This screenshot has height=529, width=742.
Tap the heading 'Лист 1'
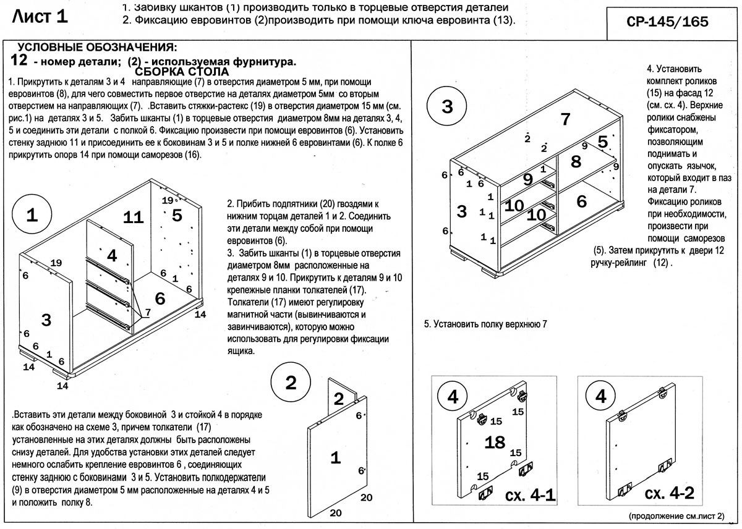(x=41, y=17)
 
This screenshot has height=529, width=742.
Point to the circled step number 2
(x=291, y=383)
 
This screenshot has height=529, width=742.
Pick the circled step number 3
(x=447, y=106)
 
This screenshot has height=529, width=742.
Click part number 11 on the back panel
(x=133, y=217)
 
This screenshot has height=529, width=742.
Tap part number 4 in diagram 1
(x=111, y=255)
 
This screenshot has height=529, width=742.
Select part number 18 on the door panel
(x=495, y=442)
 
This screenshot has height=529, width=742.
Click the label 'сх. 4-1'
(x=531, y=494)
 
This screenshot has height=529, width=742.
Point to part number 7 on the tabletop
(x=565, y=120)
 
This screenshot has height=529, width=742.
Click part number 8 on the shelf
(x=576, y=162)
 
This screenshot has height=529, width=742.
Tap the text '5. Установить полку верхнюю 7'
(x=485, y=324)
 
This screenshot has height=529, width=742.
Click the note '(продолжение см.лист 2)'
(x=676, y=515)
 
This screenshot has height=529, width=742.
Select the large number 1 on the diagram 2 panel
(x=335, y=458)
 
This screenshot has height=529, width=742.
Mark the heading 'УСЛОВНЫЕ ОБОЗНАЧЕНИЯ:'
(x=97, y=48)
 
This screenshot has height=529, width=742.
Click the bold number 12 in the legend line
(x=20, y=61)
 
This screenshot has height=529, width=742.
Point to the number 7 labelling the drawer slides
(x=147, y=313)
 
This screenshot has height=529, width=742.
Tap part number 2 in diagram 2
(x=338, y=399)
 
